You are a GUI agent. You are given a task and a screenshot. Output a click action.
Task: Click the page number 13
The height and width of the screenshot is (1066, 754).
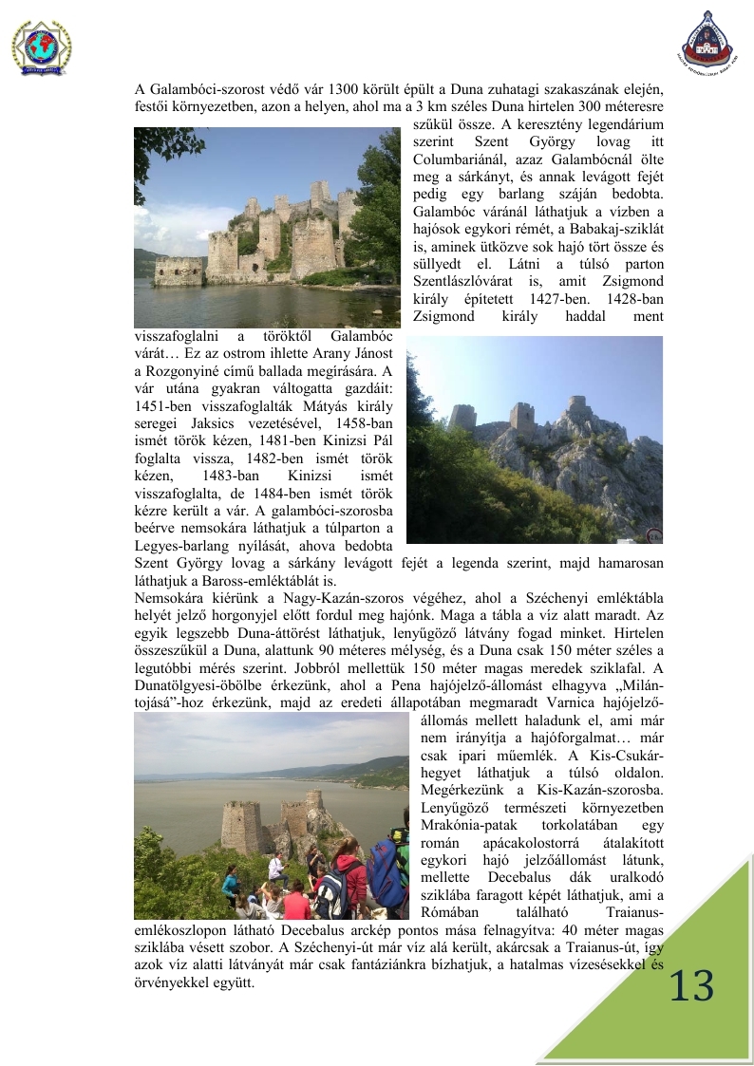691,988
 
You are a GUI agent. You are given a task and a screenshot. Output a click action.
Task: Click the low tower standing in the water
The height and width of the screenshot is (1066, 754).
179,270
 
